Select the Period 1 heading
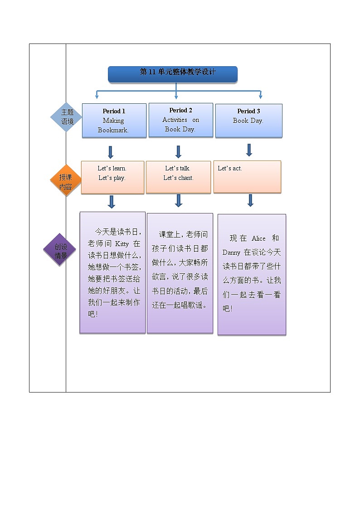point(114,111)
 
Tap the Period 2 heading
point(180,110)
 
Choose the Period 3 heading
point(248,111)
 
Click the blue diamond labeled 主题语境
point(67,117)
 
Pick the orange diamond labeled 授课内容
point(66,181)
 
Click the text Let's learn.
point(112,168)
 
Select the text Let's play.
point(112,178)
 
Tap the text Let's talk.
point(178,168)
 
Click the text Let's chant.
point(178,178)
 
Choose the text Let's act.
point(230,168)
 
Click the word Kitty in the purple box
point(119,244)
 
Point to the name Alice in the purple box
point(258,238)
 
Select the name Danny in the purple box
point(231,252)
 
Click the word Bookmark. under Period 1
point(113,130)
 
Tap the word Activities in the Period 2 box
point(175,120)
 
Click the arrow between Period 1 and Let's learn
point(111,152)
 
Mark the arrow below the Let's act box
point(250,200)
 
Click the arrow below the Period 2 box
point(178,151)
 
